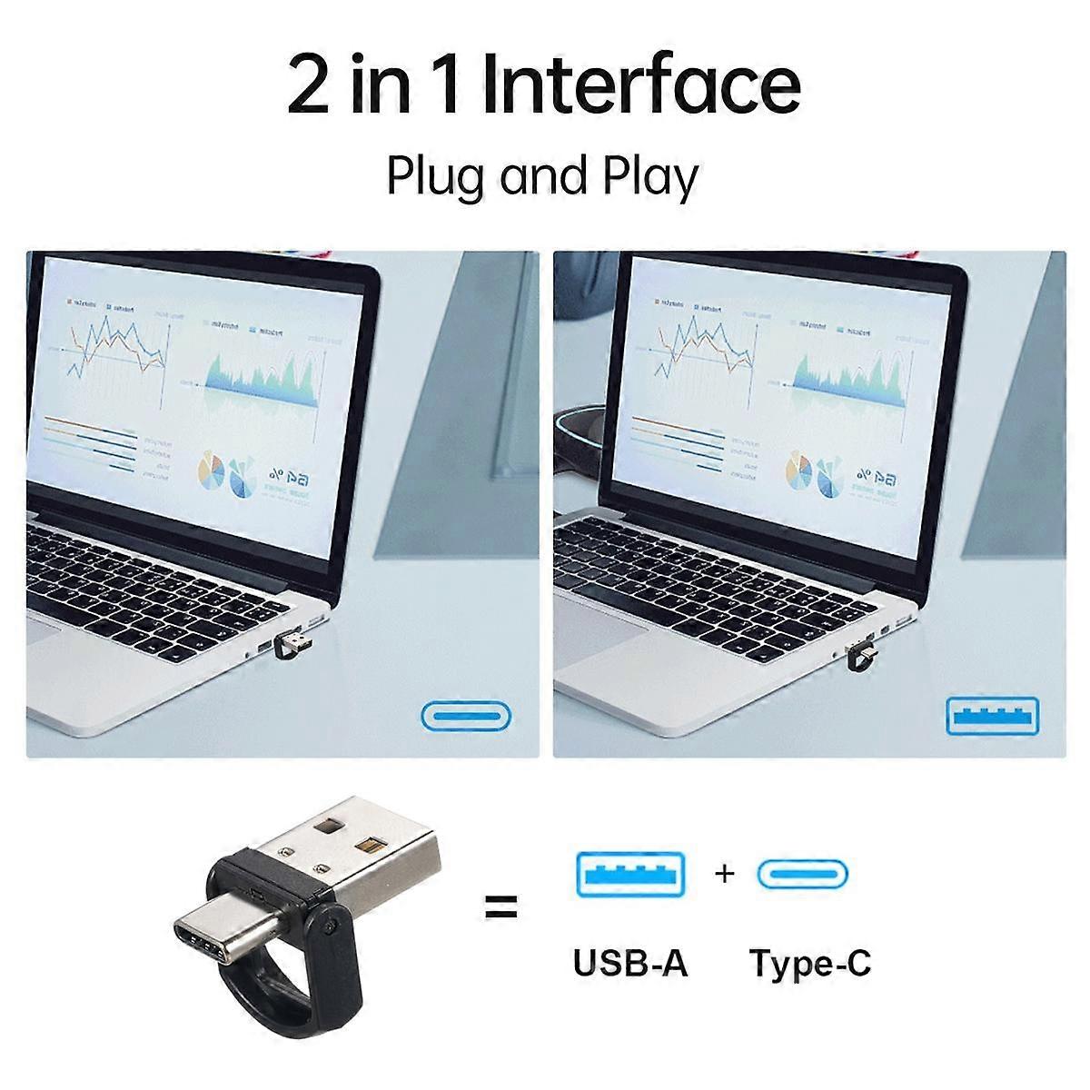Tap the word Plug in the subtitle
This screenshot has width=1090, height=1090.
point(437,177)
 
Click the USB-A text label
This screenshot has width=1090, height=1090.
point(629,963)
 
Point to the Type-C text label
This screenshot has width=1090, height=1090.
point(810,963)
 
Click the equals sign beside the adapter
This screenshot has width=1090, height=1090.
point(500,906)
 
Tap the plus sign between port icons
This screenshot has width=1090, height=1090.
point(724,874)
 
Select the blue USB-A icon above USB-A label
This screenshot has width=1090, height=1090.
point(629,875)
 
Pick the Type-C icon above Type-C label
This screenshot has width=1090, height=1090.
point(803,875)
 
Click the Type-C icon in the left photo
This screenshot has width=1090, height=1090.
point(467,716)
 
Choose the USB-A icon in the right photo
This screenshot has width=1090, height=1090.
point(993,716)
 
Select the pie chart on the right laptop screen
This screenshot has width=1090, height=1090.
point(798,472)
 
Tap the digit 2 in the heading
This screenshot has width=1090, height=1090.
point(309,86)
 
